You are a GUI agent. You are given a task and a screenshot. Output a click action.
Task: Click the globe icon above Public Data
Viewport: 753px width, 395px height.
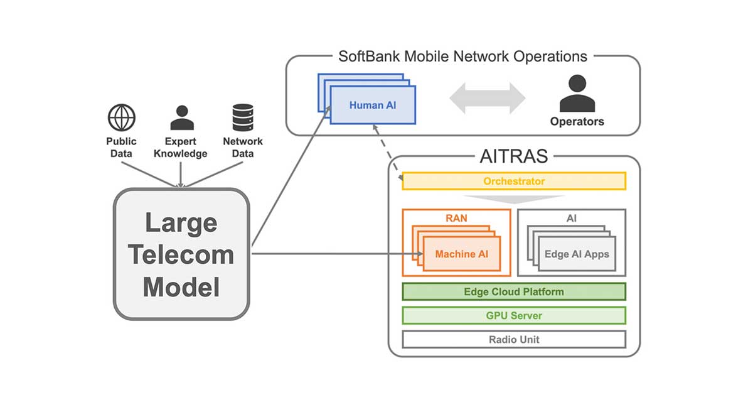click(122, 117)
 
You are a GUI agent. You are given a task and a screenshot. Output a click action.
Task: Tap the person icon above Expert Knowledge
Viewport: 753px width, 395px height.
click(182, 117)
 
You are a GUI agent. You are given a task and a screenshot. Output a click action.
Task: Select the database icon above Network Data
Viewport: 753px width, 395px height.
click(242, 117)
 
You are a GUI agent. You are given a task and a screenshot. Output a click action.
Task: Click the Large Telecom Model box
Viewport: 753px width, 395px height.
click(181, 254)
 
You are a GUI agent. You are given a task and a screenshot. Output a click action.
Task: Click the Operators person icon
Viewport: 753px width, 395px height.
click(576, 94)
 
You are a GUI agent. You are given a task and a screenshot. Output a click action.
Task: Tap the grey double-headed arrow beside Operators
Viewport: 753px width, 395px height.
click(487, 98)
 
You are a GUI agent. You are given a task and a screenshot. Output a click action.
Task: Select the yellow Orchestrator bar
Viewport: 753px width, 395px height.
click(514, 181)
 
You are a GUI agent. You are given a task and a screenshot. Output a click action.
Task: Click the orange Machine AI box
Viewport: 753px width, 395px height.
click(461, 254)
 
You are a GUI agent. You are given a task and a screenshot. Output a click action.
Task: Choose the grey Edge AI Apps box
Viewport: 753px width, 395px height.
click(577, 254)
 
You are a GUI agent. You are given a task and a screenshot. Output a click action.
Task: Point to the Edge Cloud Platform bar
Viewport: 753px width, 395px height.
click(514, 292)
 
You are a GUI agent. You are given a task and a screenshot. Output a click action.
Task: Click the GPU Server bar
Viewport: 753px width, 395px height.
click(514, 315)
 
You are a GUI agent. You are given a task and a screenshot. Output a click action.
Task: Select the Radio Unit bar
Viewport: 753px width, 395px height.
click(514, 339)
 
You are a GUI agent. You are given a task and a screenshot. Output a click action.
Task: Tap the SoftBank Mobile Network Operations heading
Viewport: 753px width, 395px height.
click(463, 56)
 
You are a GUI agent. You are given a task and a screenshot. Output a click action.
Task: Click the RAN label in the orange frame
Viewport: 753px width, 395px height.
click(456, 218)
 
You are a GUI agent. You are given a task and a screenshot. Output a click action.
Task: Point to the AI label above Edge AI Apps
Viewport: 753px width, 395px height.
click(571, 218)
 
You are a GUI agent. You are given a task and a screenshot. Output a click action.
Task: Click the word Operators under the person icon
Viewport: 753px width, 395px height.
click(577, 121)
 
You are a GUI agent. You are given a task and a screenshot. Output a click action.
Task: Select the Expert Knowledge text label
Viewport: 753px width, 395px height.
click(181, 148)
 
